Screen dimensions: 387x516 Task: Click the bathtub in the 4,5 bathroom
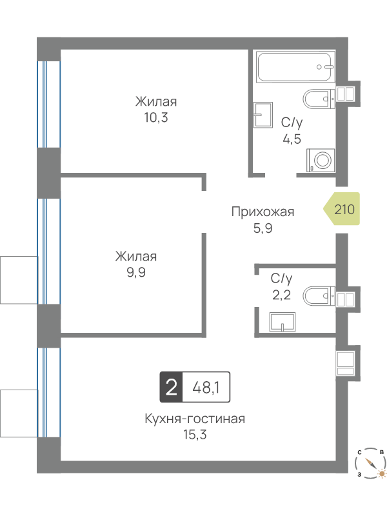[x=294, y=67]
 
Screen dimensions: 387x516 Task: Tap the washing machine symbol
[x=321, y=160]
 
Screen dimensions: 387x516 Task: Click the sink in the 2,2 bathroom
[x=283, y=322]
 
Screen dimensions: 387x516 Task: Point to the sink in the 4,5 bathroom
[x=263, y=115]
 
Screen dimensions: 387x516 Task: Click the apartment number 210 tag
[x=342, y=209]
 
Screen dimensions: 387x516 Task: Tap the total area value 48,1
[x=206, y=388]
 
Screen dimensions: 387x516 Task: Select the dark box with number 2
[x=171, y=387]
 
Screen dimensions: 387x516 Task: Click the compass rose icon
[x=370, y=463]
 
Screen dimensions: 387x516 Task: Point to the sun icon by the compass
[x=381, y=474]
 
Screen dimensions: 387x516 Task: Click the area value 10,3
[x=156, y=117]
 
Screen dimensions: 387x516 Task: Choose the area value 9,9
[x=136, y=272]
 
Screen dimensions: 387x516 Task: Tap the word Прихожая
[x=263, y=212]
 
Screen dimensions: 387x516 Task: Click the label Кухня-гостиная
[x=195, y=419]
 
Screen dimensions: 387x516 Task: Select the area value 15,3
[x=195, y=435]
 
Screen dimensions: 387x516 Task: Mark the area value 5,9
[x=263, y=228]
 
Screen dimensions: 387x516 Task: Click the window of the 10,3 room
[x=49, y=104]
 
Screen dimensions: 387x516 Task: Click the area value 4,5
[x=292, y=139]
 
